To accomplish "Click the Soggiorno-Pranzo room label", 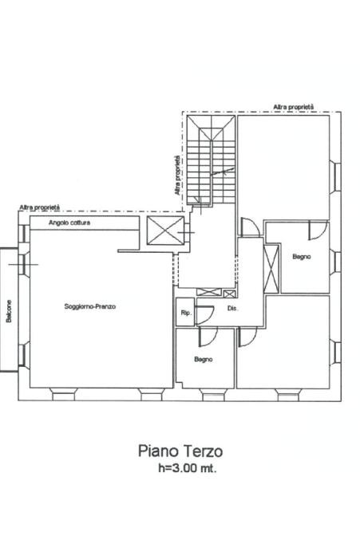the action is (x=90, y=306).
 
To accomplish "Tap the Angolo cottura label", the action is (x=69, y=223).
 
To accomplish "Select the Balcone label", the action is (x=9, y=311).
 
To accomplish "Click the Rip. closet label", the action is (x=186, y=313).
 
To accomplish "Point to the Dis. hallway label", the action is (x=233, y=309).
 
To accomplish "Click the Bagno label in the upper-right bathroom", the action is (x=302, y=257).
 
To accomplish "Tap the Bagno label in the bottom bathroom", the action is (x=204, y=360).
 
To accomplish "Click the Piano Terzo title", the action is (x=180, y=451).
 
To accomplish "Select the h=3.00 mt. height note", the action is (x=188, y=468).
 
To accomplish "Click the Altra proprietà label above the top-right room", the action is (x=294, y=107).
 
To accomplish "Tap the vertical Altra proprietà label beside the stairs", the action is (x=177, y=175).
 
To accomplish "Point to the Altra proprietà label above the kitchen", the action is (x=40, y=207).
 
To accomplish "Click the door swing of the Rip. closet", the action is (x=205, y=314).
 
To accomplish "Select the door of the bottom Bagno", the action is (x=208, y=337).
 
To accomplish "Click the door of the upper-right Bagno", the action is (x=318, y=231).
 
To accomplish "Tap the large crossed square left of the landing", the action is (x=165, y=231).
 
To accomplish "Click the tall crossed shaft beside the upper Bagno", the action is (x=271, y=269).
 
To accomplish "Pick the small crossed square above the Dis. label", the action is (x=229, y=294).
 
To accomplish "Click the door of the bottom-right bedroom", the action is (x=247, y=337).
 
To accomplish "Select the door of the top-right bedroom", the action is (x=251, y=227).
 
